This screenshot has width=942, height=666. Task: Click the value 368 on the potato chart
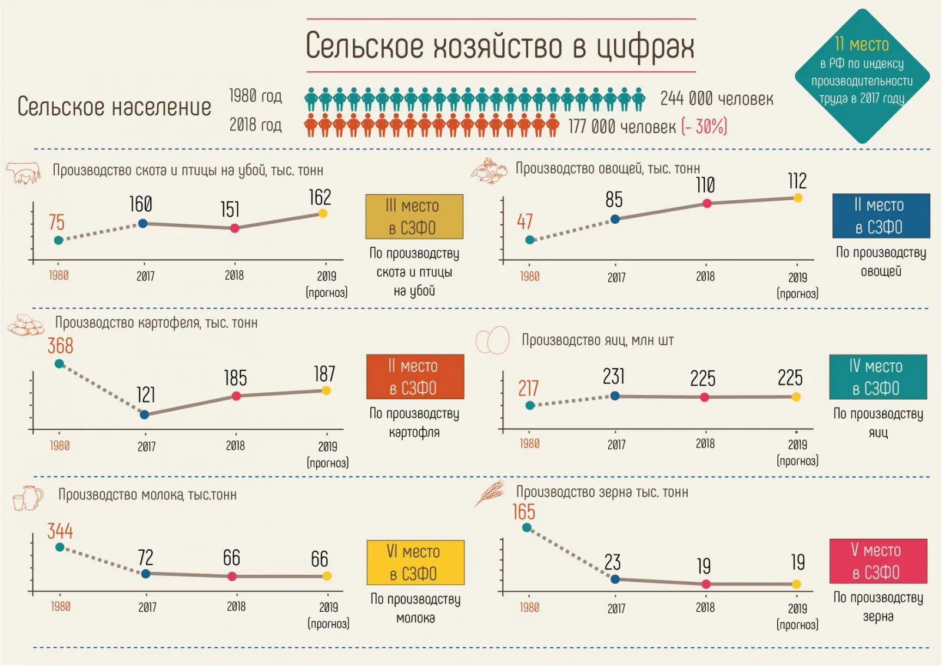[60, 346]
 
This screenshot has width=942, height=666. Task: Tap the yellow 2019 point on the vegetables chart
[798, 198]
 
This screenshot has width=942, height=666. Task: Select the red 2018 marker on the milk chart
[232, 576]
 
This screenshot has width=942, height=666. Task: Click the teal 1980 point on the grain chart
[527, 528]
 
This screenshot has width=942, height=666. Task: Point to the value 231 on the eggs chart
[613, 376]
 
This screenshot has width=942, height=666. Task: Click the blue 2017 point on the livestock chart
[142, 223]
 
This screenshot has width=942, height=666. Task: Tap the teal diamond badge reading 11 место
[862, 75]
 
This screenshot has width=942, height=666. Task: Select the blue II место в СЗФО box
[881, 216]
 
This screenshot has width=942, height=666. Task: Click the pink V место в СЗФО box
[878, 561]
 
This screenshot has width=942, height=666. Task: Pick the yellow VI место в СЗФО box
[415, 562]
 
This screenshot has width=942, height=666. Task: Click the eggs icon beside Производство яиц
[492, 340]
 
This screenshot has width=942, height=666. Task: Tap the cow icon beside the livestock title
[24, 173]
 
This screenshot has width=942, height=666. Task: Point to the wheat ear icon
[490, 493]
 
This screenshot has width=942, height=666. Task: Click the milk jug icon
[28, 498]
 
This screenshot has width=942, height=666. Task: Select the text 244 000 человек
[717, 98]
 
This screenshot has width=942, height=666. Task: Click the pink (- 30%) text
[704, 127]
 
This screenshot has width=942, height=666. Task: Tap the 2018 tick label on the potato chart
[235, 446]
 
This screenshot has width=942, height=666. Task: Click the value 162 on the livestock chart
[320, 197]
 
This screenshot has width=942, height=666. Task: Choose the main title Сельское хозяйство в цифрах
[500, 46]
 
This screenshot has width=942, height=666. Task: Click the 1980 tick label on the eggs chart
[529, 444]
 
